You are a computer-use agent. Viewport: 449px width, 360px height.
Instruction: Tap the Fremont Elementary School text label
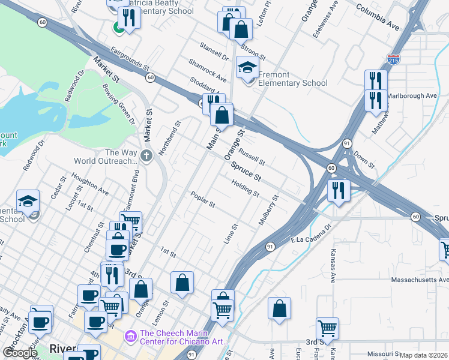292,79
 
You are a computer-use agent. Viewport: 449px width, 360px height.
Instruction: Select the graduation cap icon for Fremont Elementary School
247,68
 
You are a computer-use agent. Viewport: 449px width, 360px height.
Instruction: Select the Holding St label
245,190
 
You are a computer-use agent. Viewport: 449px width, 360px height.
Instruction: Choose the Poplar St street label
203,200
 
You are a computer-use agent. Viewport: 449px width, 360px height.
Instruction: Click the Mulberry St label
268,209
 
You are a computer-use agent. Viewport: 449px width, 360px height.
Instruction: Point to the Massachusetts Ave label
420,280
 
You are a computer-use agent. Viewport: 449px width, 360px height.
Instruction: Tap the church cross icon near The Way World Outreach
146,155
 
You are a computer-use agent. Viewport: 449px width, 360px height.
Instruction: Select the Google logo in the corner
19,353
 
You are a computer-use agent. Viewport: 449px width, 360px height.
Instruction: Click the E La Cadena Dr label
312,235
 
